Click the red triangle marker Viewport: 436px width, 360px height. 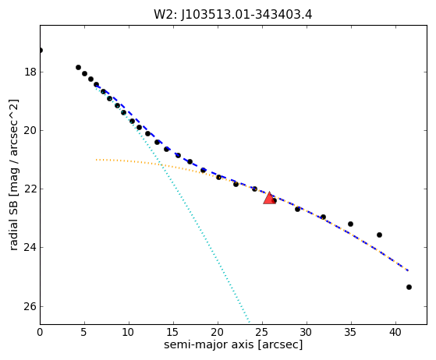pos(269,199)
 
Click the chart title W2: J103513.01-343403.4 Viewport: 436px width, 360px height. pos(233,15)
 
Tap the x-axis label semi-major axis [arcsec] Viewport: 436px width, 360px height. pos(233,344)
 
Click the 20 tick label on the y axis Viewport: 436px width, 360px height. pos(30,130)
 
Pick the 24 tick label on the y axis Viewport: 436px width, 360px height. pos(30,247)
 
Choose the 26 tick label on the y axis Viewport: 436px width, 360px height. pos(30,306)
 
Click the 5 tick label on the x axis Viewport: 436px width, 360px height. pos(84,332)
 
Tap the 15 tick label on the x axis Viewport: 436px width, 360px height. pos(173,332)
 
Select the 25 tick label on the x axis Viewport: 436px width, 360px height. pos(262,332)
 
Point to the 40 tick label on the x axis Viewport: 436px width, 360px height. pos(395,332)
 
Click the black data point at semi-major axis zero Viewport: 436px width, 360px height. pos(41,51)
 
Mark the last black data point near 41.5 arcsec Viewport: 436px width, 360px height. pos(409,287)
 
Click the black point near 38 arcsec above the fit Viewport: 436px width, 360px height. pos(379,235)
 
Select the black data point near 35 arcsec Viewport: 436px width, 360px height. pos(350,224)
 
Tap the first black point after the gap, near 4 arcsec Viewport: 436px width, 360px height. pos(78,67)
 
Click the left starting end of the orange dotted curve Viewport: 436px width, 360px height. pos(96,160)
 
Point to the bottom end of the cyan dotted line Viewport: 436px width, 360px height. pos(249,322)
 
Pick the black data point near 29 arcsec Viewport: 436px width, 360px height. pos(297,209)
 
